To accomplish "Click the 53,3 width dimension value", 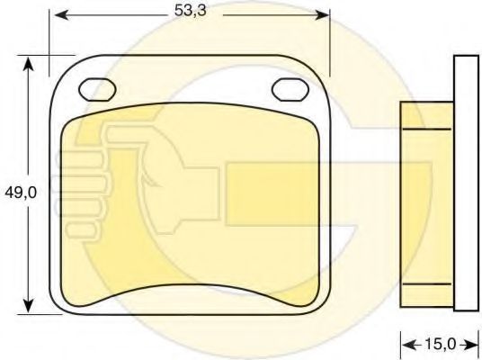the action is (191, 11).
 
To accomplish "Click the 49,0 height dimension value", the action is (21, 193).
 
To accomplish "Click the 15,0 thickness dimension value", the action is (441, 344).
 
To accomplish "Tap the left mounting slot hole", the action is (97, 90).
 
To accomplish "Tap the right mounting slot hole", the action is (290, 89).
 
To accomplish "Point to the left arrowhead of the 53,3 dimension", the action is (61, 14).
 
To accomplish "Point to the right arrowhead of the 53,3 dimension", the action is (322, 14).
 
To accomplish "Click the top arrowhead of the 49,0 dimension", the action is (28, 64).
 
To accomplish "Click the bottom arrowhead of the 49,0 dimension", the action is (28, 305).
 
